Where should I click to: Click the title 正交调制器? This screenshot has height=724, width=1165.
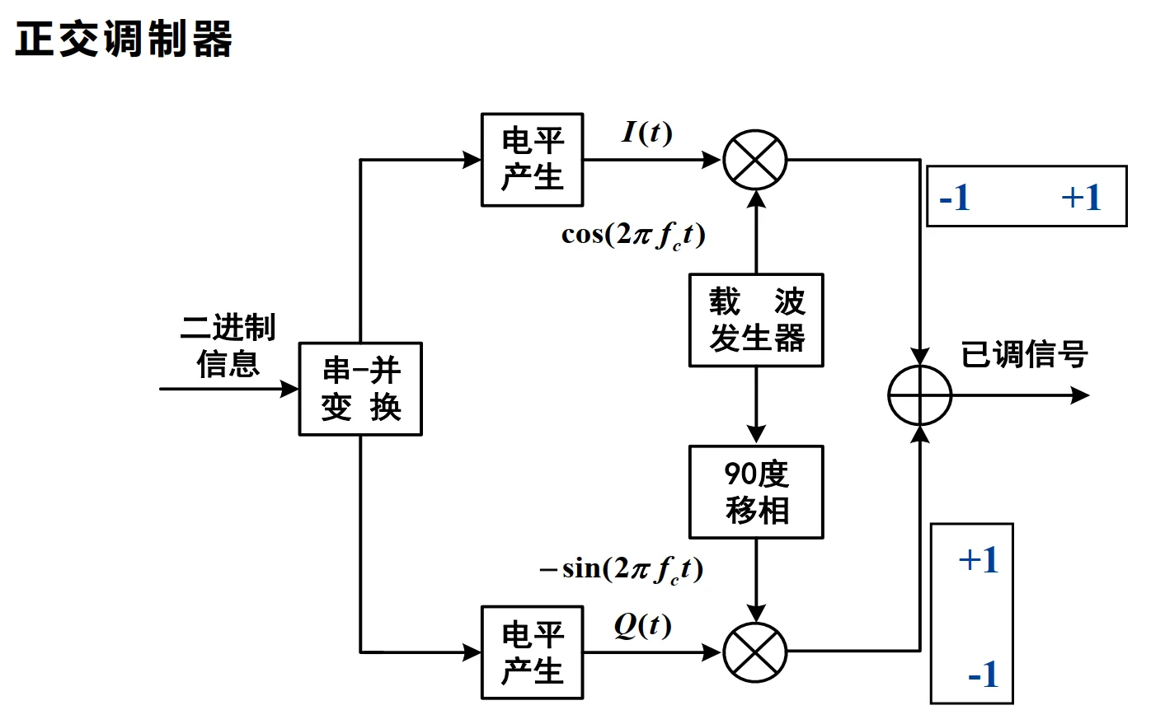pos(124,39)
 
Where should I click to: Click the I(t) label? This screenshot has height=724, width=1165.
pos(647,133)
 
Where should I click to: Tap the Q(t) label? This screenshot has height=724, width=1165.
pos(643,625)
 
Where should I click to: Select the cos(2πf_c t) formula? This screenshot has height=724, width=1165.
pos(633,236)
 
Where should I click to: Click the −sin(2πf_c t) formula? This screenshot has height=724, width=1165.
pos(622,570)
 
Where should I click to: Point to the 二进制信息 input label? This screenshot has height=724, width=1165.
pos(228,345)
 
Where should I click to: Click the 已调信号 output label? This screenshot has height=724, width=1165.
pos(1024,354)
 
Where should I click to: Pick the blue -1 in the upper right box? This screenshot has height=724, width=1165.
pos(955,198)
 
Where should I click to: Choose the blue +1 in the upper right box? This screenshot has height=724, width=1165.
pos(1081,198)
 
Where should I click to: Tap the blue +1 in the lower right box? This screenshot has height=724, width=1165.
pos(979,560)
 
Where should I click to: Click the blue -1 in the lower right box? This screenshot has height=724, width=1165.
pos(984,674)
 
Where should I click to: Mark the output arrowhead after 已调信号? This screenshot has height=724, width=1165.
pos(1080,395)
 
